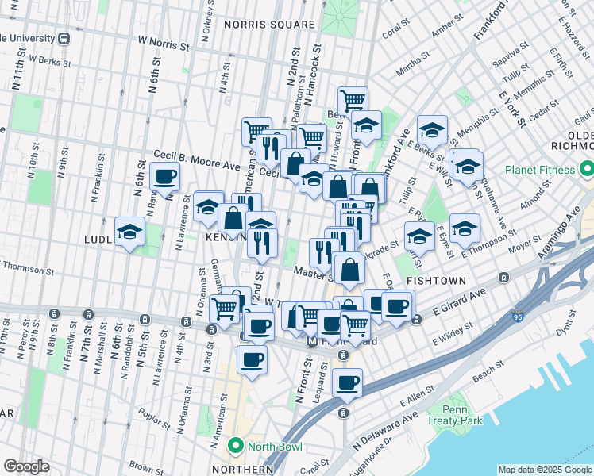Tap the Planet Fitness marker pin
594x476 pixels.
pos(586,170)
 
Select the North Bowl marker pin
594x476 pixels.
pos(234,447)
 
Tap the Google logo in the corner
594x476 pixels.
pos(26,466)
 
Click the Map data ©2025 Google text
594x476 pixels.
pos(545,470)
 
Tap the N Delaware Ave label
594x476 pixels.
pos(385,428)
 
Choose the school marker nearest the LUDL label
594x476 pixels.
pos(129,232)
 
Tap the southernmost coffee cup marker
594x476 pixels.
pos(347,382)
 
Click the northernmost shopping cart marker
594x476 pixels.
pos(353,101)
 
